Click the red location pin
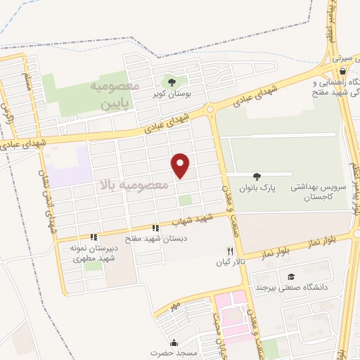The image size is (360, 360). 181,164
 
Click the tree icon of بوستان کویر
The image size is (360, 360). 173,83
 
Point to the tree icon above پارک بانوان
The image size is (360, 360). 256,176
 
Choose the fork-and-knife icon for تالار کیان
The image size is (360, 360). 229,251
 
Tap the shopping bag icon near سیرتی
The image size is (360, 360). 342,70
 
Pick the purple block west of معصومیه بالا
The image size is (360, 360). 70,166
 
